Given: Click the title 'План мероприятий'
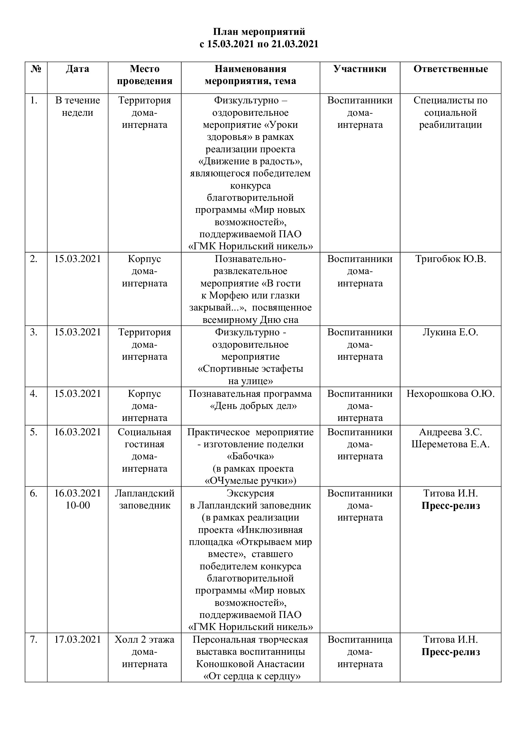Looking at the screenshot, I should tap(259, 32).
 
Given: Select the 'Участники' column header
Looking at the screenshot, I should tap(360, 69).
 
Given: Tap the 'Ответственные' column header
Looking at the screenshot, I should tap(450, 69).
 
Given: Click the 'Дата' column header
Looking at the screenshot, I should tap(77, 69).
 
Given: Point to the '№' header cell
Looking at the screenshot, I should tap(36, 69).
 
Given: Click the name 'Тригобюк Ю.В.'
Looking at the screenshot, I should tap(450, 259).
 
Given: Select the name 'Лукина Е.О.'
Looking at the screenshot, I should tap(450, 332).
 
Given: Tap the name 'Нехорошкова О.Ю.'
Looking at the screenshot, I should tap(450, 394).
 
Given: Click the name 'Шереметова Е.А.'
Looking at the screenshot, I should tap(450, 444).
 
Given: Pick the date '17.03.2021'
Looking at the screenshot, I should tap(77, 640).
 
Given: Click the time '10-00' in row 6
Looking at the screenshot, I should tap(77, 505).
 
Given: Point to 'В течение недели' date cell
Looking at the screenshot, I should tap(77, 106).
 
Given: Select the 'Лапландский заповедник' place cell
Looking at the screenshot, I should tap(144, 499).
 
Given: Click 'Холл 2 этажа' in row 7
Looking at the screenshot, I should tap(144, 640).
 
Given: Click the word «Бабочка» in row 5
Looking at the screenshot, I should tap(250, 456).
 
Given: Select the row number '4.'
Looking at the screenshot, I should tap(34, 394).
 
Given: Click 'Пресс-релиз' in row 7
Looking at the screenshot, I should tap(450, 652).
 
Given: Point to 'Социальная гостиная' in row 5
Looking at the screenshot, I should tap(144, 438).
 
